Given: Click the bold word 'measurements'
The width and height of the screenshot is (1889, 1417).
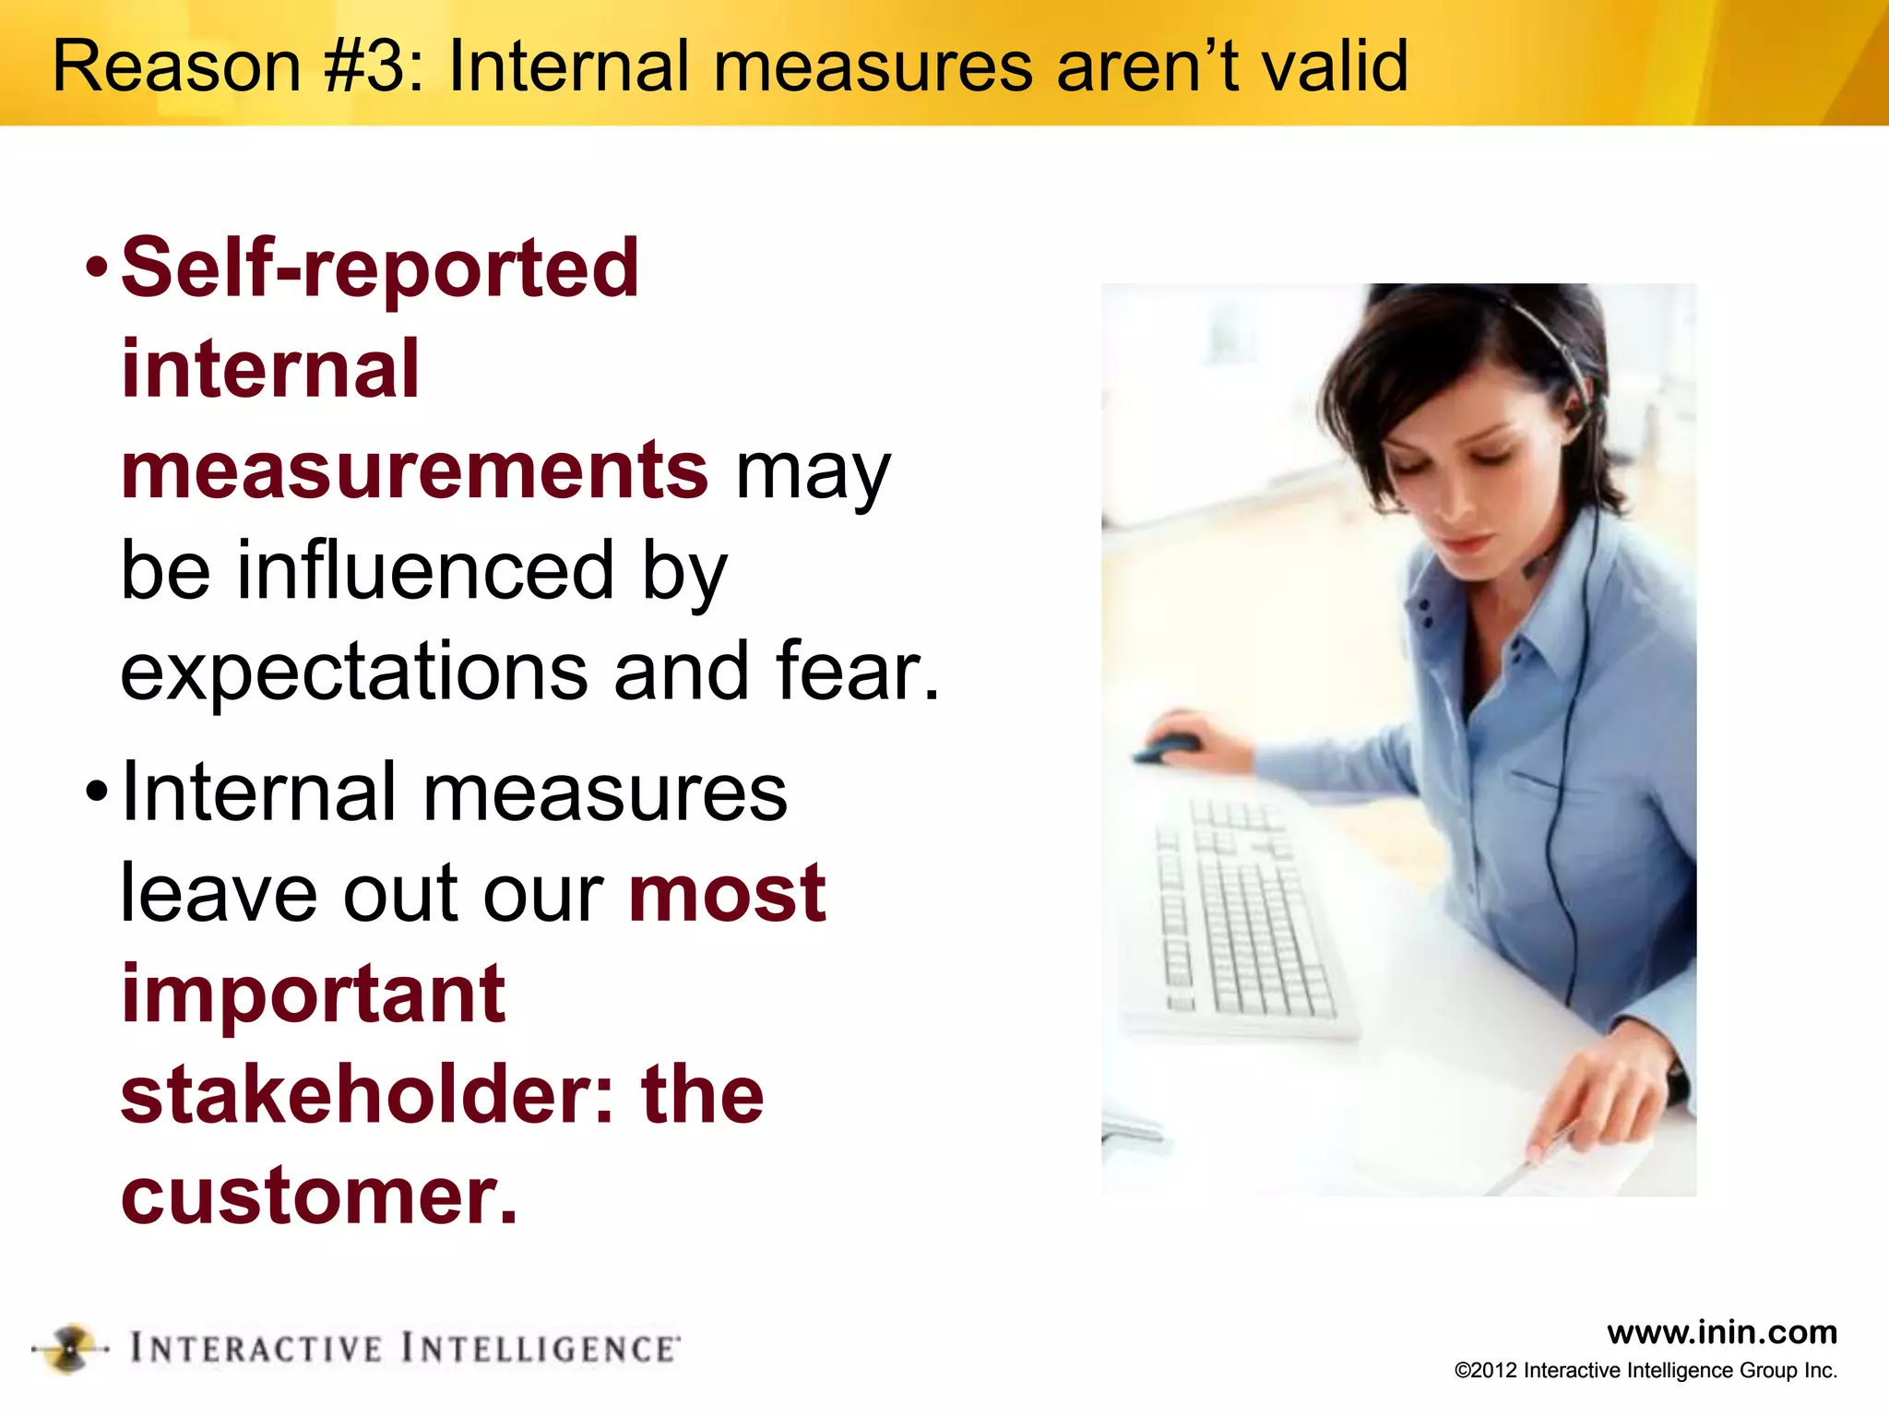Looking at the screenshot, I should pyautogui.click(x=415, y=470).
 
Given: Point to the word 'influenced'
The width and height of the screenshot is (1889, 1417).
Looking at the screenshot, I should pyautogui.click(x=425, y=570).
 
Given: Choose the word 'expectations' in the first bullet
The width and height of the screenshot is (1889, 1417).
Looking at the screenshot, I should pyautogui.click(x=354, y=672).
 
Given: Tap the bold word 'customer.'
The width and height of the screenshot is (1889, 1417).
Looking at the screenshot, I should pyautogui.click(x=319, y=1196).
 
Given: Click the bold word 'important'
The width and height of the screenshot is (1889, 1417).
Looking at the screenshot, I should pyautogui.click(x=314, y=994).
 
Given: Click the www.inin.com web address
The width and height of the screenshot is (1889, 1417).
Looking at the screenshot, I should pyautogui.click(x=1721, y=1332).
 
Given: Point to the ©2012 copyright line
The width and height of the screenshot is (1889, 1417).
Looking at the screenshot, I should pyautogui.click(x=1645, y=1371).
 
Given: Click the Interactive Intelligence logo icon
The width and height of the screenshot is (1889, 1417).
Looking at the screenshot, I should pyautogui.click(x=70, y=1349).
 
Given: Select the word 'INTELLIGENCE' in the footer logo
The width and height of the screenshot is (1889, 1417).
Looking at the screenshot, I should pyautogui.click(x=541, y=1349).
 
